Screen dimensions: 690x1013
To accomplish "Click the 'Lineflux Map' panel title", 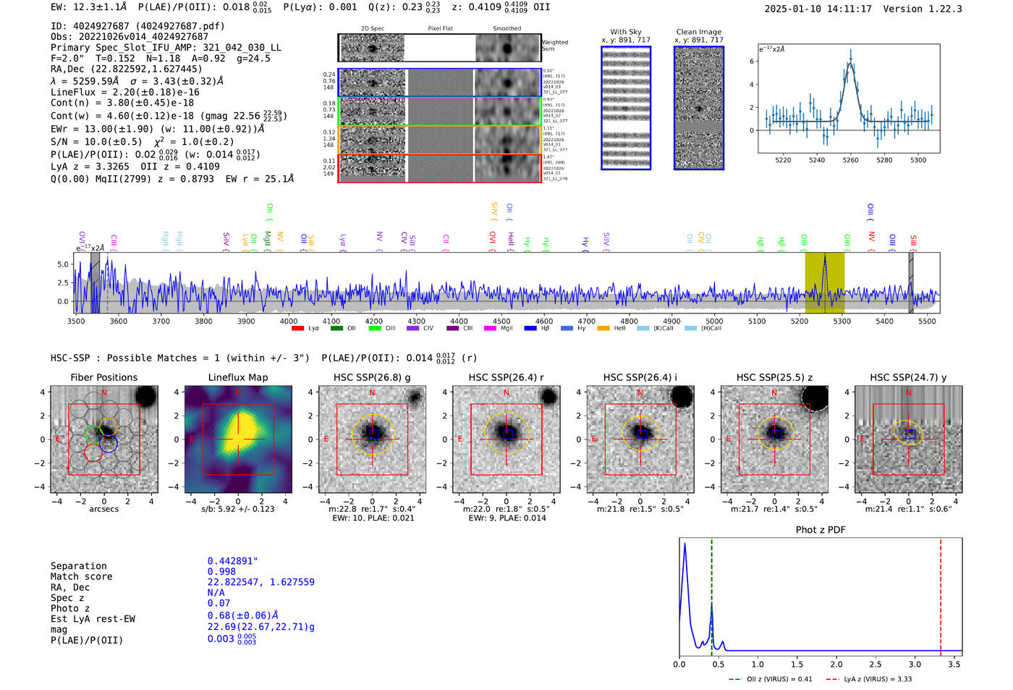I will (238, 377).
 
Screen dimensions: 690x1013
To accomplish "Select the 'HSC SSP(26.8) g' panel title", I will (372, 377).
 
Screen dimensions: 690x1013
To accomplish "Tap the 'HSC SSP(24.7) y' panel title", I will (908, 377).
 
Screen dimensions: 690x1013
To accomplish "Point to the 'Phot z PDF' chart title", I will (821, 530).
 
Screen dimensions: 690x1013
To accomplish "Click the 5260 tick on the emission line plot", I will (851, 160).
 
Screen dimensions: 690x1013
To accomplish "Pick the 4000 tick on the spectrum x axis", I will (289, 321).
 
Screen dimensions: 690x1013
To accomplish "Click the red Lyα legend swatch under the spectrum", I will (297, 329).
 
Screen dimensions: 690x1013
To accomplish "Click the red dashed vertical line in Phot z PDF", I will (941, 594).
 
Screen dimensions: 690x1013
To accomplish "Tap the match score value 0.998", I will (221, 572).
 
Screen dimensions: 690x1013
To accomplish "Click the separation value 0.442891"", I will (232, 561).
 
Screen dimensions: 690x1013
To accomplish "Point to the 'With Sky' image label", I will (626, 32).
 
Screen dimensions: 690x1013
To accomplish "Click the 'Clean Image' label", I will (698, 32).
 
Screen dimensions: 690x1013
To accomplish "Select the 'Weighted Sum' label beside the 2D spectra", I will (555, 46).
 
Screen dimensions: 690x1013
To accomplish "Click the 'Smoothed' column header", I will (506, 29).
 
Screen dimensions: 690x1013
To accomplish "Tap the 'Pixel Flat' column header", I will (440, 29).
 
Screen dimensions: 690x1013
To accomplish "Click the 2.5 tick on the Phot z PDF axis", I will (876, 664).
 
